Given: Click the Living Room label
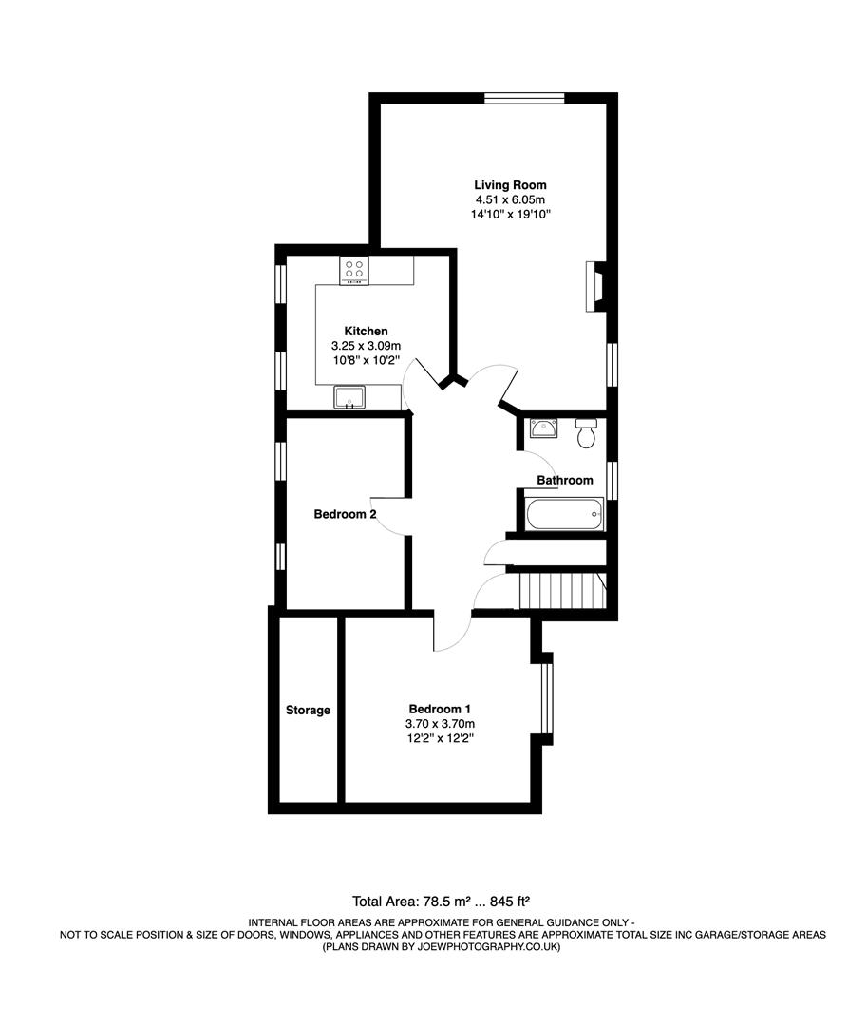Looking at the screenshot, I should point(510,184).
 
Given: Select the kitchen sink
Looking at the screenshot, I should point(349,396).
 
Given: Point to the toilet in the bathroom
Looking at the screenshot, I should point(586,432).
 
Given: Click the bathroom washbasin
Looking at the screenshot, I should point(544,428).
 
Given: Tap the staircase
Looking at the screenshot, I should point(560,591).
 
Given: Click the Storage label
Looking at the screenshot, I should point(308,710).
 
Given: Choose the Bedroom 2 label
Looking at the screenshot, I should point(346,514).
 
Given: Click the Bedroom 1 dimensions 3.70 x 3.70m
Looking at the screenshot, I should point(439,724).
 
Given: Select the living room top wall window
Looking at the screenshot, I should point(524,97).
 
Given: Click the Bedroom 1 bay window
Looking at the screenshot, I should point(545,698).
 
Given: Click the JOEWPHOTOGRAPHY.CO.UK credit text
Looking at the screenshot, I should point(443,946).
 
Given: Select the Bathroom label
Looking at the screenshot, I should point(565,480).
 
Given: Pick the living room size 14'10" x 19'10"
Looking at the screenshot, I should point(510,215).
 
